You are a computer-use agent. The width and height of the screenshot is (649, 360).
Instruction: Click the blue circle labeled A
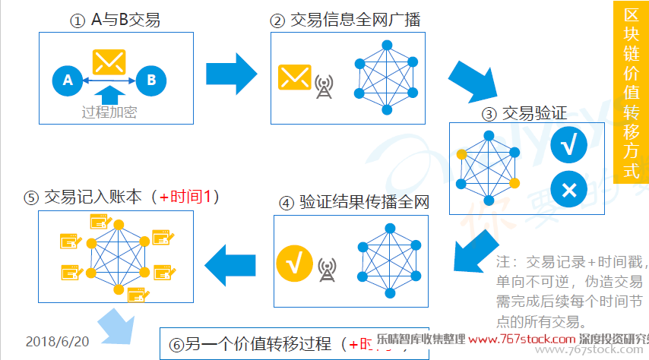tap(67, 79)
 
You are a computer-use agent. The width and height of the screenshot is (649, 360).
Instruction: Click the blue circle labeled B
tap(151, 79)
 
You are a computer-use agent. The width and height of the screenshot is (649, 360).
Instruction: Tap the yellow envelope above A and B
tap(109, 61)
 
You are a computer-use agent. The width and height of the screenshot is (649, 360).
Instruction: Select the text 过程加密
tap(109, 112)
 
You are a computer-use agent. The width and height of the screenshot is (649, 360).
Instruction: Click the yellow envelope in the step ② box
tap(293, 76)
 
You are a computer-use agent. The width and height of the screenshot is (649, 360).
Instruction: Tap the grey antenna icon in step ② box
tap(324, 87)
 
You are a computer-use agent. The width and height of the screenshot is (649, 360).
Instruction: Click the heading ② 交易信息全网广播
tap(345, 21)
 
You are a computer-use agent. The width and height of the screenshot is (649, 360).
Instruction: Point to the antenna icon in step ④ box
tap(328, 269)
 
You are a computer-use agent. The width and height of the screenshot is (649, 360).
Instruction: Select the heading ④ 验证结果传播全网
tap(354, 203)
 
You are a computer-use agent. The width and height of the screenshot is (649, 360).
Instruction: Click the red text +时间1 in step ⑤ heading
tap(188, 197)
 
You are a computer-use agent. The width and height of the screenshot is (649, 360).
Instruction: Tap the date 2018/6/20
tap(57, 341)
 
